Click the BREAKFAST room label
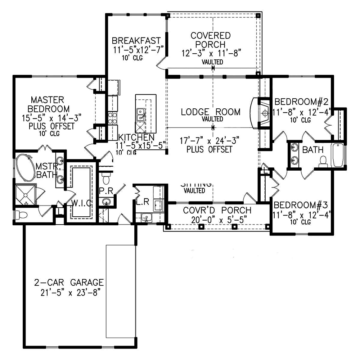pos(136,40)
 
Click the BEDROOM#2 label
pos(300,101)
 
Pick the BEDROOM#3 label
pos(301,206)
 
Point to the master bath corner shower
pos(25,195)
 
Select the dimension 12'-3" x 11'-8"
pos(211,53)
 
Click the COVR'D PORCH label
pos(217,211)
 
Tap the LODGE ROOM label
pos(211,112)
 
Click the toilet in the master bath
pos(21,215)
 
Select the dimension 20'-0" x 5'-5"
pos(217,219)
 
